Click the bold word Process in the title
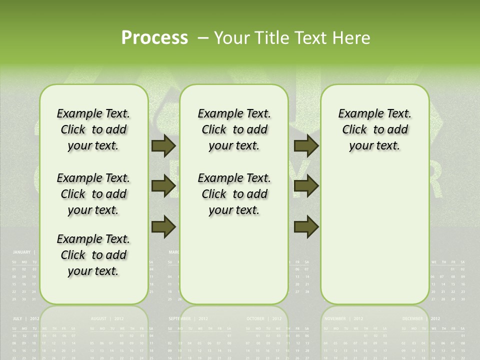click(154, 38)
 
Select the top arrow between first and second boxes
click(163, 145)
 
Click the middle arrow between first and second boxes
click(163, 186)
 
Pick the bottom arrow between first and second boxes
click(163, 226)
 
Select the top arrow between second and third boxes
click(306, 145)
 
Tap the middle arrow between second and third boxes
click(306, 186)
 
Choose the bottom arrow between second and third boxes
click(306, 226)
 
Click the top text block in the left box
click(93, 129)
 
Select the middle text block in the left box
click(93, 194)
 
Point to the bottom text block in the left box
click(93, 255)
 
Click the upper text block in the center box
click(234, 129)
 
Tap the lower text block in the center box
click(234, 194)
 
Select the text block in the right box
click(374, 129)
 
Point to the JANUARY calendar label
click(21, 252)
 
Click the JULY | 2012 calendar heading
click(26, 318)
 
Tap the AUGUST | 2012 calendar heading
click(107, 318)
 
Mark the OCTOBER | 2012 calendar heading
click(262, 318)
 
